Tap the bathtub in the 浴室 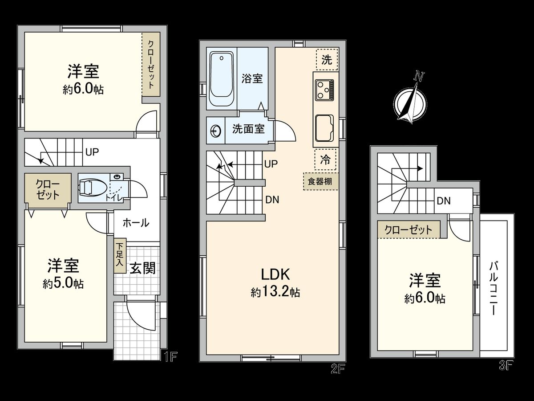pos(222,79)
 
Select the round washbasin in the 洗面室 pos(215,130)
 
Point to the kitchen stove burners pos(324,90)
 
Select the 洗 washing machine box pos(327,61)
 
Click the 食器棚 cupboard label pos(320,181)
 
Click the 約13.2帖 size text pos(275,292)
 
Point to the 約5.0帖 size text pos(63,283)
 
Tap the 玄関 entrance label pos(142,268)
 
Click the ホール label pos(135,223)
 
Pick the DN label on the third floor pos(443,201)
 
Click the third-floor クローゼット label pos(408,230)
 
